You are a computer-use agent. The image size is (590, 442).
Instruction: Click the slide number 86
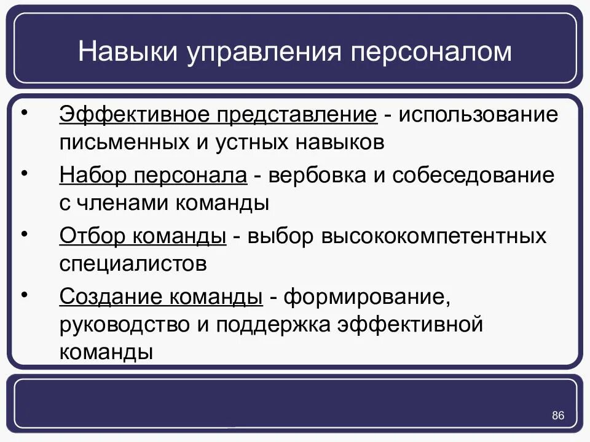[x=557, y=416]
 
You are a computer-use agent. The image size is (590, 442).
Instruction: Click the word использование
[x=480, y=115]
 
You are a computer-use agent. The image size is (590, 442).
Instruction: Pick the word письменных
[x=124, y=143]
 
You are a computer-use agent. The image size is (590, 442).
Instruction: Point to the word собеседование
[x=473, y=176]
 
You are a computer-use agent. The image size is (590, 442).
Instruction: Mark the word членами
[x=118, y=203]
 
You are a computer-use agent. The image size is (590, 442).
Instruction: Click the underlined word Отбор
[x=93, y=236]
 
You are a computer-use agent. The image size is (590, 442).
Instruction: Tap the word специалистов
[x=132, y=264]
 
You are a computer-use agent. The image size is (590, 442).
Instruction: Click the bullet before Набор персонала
[x=25, y=174]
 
